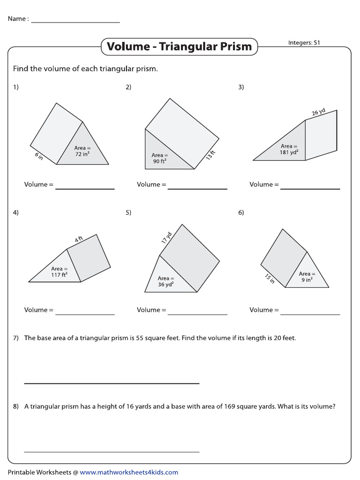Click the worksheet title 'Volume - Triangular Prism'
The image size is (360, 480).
179,46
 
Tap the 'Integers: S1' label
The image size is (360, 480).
304,43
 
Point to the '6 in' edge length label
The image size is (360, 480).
39,157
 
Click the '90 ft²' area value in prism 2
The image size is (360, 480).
159,161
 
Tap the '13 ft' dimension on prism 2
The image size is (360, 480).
210,156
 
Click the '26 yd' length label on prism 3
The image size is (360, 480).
319,112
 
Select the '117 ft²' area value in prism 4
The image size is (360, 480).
59,275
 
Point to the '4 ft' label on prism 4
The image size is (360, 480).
79,240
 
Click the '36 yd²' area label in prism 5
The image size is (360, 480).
165,285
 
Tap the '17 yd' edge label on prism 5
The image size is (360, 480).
166,238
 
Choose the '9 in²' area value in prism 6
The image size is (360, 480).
307,280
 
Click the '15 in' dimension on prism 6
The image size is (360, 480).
269,278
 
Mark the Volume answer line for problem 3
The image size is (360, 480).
310,188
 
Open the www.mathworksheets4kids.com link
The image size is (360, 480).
129,472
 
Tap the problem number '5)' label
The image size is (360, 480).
128,212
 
